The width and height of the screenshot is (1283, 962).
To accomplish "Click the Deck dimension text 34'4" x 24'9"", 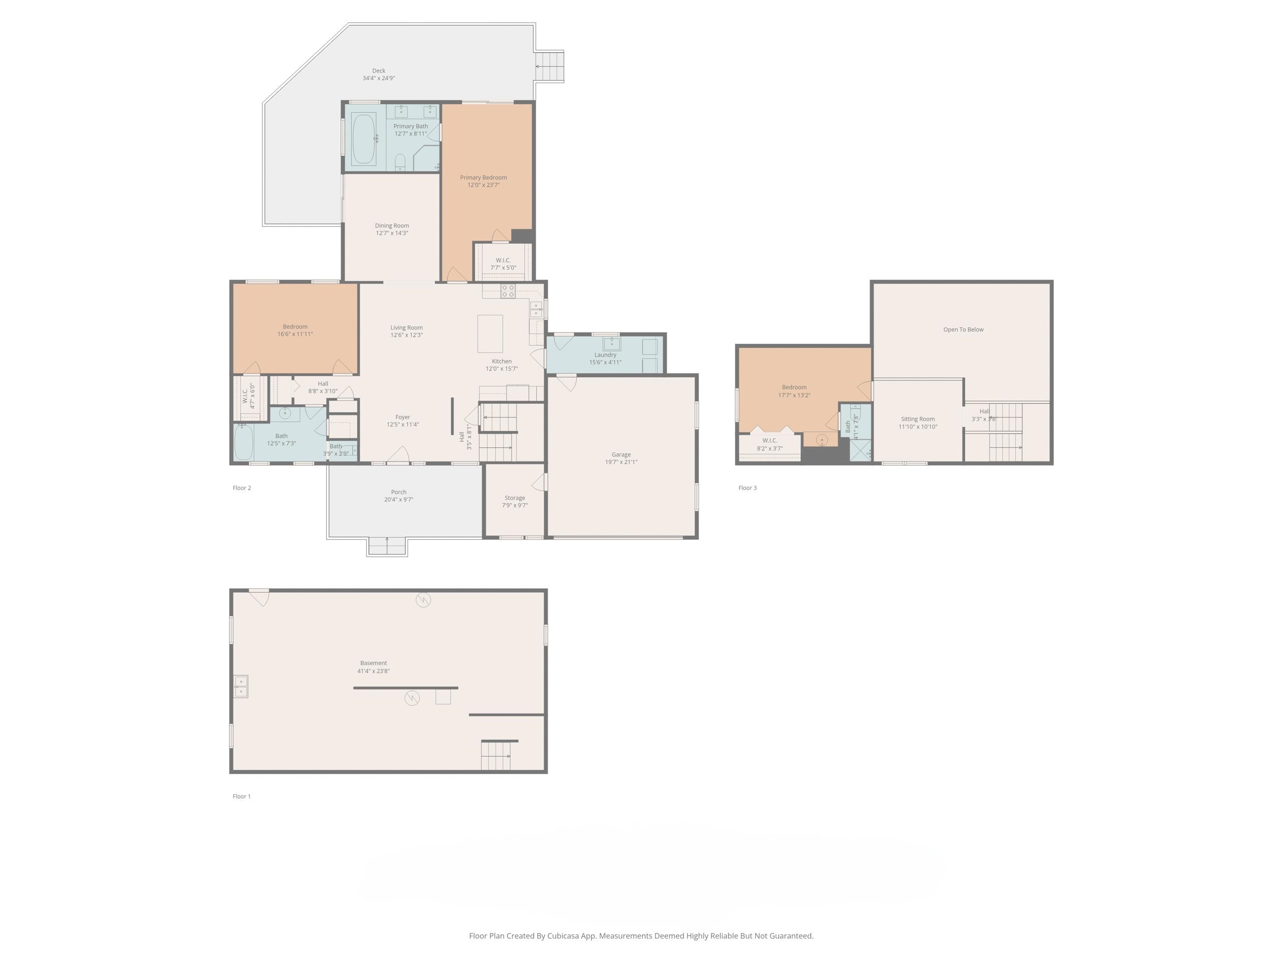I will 378,78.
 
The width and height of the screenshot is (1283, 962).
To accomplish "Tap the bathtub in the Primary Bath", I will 364,139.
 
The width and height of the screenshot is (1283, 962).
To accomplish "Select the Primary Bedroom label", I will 483,177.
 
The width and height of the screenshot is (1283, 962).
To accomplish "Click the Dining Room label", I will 391,225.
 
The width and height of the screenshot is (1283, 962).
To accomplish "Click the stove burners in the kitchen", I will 508,291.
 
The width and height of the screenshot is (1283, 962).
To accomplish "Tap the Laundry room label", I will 605,355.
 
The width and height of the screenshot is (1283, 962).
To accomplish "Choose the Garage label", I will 620,454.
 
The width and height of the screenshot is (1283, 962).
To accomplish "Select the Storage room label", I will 515,498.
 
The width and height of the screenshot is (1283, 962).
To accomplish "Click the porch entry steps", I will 387,546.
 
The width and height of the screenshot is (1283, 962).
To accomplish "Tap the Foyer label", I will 402,417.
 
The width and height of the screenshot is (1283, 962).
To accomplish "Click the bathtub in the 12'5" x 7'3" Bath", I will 244,442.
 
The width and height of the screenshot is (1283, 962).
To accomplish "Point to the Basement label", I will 373,663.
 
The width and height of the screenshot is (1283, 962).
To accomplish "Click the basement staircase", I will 496,755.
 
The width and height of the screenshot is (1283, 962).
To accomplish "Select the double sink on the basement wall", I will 241,686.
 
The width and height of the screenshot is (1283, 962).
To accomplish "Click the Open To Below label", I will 963,329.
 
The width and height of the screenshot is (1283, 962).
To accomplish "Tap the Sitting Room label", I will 918,419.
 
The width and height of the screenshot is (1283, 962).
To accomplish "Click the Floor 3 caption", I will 747,488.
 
